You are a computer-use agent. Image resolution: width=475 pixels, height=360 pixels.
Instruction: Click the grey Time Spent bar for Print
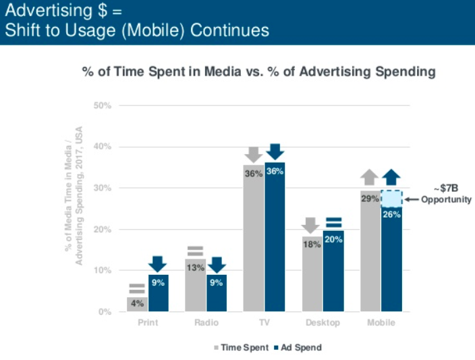click(x=137, y=304)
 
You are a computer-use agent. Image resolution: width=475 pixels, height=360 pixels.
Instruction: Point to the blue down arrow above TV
click(x=275, y=152)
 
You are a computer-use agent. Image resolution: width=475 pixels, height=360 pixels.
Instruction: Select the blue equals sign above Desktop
click(x=333, y=222)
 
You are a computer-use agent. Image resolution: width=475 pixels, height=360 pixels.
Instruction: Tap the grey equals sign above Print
click(x=137, y=288)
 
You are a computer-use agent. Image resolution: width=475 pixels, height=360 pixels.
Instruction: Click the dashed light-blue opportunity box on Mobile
click(x=391, y=198)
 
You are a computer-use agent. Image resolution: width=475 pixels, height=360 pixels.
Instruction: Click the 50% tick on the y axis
click(x=103, y=106)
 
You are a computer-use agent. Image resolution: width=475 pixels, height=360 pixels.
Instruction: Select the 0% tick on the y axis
click(x=105, y=312)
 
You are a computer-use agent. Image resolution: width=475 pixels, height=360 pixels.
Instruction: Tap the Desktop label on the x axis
click(x=323, y=323)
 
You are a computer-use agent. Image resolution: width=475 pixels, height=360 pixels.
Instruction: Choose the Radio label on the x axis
click(x=206, y=323)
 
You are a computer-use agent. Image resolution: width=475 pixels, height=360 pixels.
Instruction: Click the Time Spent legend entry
click(x=241, y=347)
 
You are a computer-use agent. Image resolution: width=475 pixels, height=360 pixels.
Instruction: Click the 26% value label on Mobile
click(x=392, y=215)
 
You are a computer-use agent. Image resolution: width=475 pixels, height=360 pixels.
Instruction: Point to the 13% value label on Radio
click(x=195, y=267)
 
